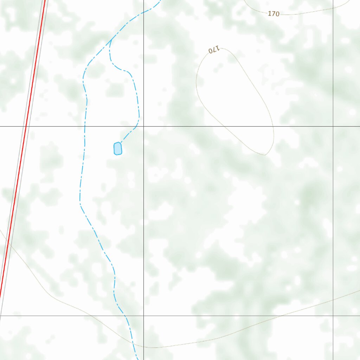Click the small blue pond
[118, 148]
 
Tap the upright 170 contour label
[274, 14]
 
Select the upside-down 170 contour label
[214, 50]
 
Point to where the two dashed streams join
[111, 40]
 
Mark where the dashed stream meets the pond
[121, 142]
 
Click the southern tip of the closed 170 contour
[265, 155]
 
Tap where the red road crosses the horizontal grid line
[26, 126]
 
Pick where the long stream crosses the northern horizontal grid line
[85, 126]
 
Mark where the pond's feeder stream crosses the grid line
[137, 126]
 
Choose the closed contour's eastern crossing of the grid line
[274, 126]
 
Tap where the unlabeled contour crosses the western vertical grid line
[143, 347]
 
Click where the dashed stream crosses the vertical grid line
[143, 13]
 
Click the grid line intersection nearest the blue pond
[143, 126]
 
